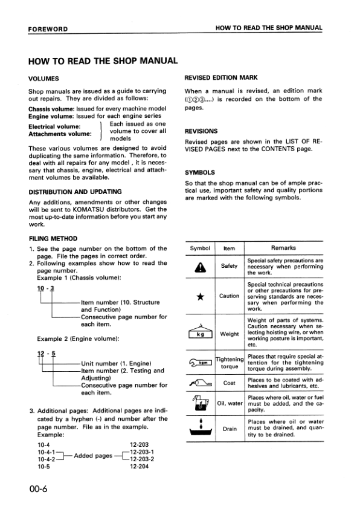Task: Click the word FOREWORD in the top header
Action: [x=48, y=28]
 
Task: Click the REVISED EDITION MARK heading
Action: [x=222, y=79]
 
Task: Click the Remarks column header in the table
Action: [x=283, y=248]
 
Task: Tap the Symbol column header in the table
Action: [x=199, y=248]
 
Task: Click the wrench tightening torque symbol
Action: [x=201, y=363]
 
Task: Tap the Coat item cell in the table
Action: [x=229, y=383]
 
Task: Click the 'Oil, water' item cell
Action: [x=229, y=403]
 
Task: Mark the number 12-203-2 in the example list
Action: [x=142, y=458]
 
